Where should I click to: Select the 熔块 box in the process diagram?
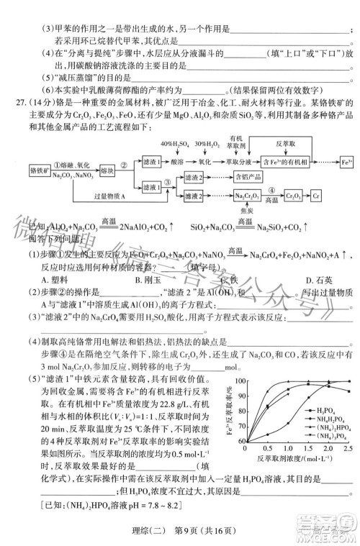[107, 172]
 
